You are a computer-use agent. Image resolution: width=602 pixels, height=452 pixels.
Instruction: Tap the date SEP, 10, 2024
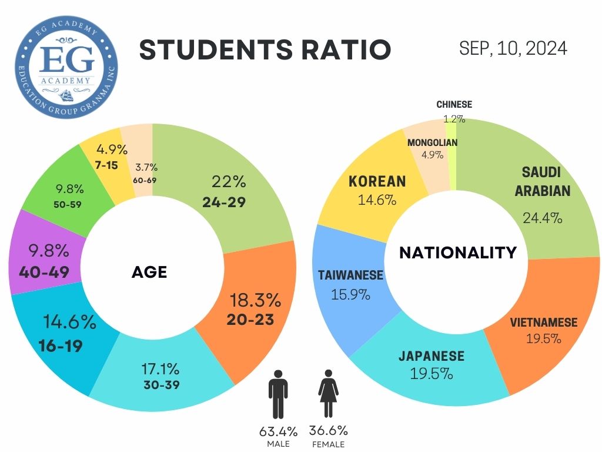tap(513, 48)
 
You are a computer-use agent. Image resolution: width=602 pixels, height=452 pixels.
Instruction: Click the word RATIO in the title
tap(342, 50)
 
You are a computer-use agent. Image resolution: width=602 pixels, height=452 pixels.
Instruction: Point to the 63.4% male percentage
tap(279, 431)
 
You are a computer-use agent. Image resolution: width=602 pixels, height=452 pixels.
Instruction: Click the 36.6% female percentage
tap(329, 431)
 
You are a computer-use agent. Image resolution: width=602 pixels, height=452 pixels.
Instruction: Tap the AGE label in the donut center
tap(149, 272)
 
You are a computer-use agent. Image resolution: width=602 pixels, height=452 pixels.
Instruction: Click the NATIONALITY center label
tap(458, 252)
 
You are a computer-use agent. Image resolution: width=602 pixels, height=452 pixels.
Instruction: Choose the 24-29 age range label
tap(223, 202)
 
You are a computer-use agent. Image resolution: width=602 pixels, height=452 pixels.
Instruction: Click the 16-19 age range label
tap(61, 345)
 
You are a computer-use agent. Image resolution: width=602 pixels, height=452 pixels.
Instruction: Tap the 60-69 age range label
tap(144, 180)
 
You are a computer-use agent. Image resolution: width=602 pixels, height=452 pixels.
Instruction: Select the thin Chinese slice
tap(451, 154)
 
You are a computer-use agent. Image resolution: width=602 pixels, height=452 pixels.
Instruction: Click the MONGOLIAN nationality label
tap(432, 142)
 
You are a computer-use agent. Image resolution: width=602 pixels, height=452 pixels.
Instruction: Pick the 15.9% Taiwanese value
tap(350, 294)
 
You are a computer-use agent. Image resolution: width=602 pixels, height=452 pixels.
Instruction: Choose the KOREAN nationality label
tap(377, 181)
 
